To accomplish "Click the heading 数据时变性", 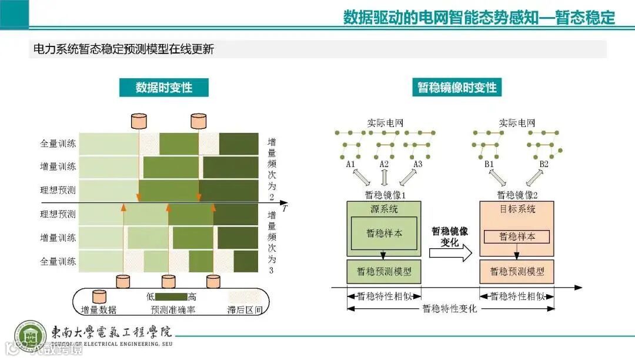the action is click(x=163, y=88).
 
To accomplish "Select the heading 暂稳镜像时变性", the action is click(x=457, y=88).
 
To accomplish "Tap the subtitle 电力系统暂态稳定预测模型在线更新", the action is click(x=123, y=49).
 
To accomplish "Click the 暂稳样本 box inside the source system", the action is click(x=384, y=233).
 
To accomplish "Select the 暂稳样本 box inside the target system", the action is click(x=517, y=236).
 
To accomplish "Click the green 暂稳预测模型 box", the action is click(x=384, y=271).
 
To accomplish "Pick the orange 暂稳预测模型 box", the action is click(x=517, y=271).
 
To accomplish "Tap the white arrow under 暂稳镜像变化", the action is click(x=450, y=254).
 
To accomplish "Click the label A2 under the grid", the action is click(x=384, y=164).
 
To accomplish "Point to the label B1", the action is click(x=490, y=164).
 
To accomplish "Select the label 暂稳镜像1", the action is click(x=386, y=195).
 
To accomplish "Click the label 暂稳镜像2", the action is click(x=517, y=195).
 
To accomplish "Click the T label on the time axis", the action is click(x=285, y=209).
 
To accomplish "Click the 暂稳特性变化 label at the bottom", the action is click(x=450, y=309).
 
